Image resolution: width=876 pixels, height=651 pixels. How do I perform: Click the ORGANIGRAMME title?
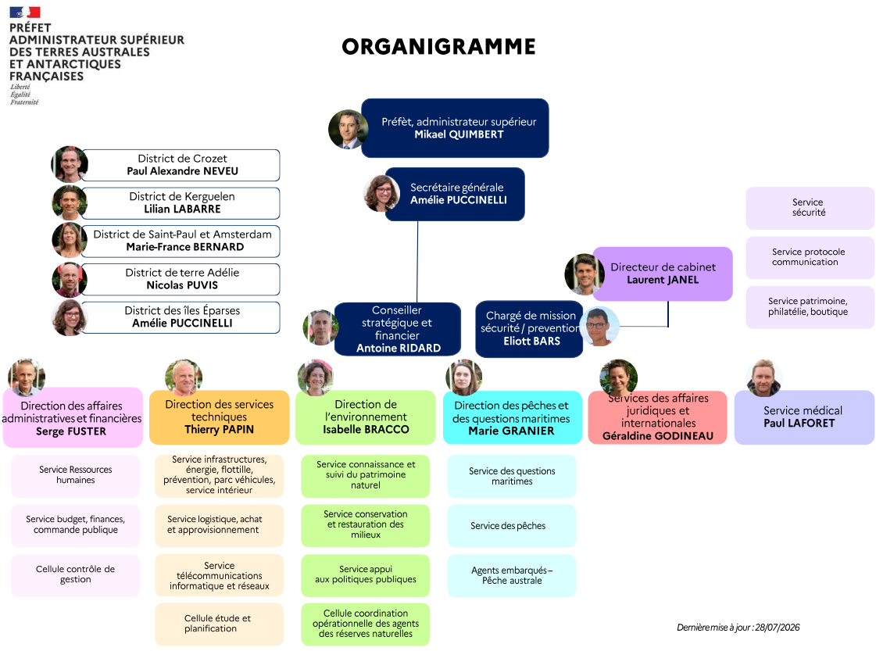point(438,47)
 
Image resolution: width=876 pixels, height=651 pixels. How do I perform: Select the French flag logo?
point(25,13)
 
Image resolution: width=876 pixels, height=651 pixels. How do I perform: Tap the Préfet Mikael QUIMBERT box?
point(455,128)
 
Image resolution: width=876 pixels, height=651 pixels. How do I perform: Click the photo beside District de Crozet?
point(70,164)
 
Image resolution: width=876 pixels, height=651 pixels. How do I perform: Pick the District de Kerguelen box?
point(181,203)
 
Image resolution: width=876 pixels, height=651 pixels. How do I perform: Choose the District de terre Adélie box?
point(181,279)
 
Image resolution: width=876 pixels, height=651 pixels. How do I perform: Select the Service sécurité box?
point(810,208)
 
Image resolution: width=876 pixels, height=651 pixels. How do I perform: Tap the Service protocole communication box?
point(810,258)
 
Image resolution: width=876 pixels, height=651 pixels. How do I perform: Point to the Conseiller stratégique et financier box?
point(398,329)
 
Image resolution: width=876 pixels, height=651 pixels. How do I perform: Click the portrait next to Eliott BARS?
point(599,327)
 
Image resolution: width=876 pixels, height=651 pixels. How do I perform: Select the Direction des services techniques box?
point(219,417)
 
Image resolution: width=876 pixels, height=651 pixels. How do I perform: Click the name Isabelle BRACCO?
point(366,429)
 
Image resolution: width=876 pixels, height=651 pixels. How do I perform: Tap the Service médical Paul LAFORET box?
point(804,417)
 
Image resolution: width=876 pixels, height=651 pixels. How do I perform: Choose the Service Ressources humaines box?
point(76,476)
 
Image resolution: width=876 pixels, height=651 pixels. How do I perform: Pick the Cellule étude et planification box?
point(219,624)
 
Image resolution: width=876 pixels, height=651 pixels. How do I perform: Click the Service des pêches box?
point(512,526)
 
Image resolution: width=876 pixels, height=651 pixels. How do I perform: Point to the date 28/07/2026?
point(777,628)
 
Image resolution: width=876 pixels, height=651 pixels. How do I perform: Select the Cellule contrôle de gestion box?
point(76,575)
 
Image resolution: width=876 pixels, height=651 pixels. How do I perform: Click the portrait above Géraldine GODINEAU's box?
point(618,377)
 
